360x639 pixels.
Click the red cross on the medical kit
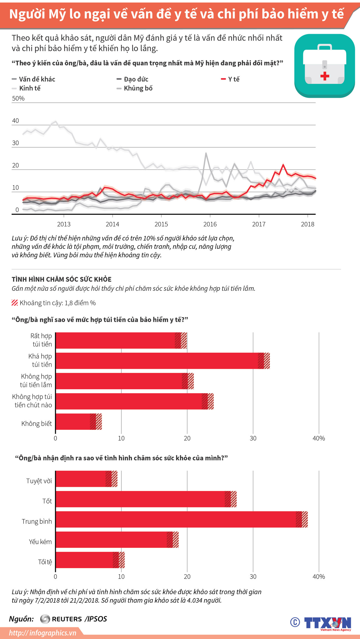325,76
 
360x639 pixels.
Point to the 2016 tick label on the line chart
210,224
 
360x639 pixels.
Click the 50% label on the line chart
18,98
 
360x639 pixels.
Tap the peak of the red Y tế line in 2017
283,165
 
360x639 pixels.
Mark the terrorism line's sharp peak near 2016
206,153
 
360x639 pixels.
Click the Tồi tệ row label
45,562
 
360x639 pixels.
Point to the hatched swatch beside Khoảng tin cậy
15,303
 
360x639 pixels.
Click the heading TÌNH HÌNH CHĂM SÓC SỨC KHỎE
61,279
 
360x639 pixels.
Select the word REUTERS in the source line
67,619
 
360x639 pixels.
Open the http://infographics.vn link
42,633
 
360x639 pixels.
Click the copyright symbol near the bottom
295,622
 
